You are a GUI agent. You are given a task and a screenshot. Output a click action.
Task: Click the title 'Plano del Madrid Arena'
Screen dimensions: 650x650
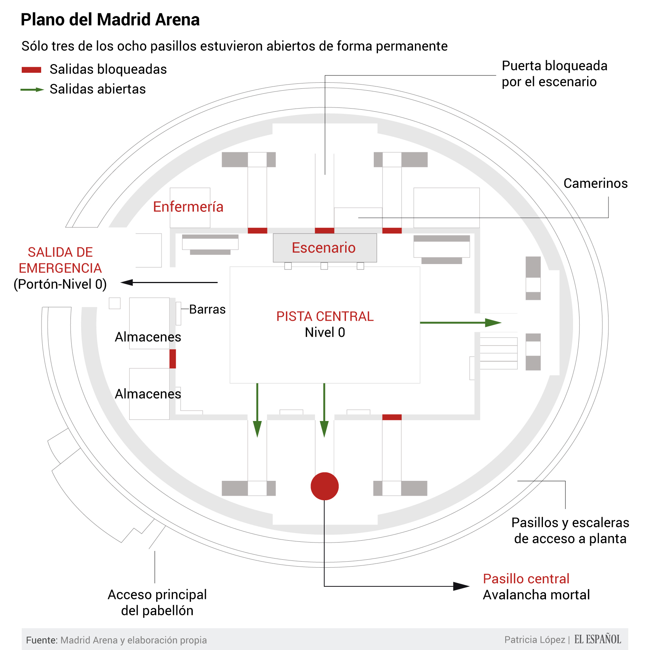tap(110, 20)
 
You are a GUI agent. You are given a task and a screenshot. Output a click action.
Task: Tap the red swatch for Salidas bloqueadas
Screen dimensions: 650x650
tap(31, 70)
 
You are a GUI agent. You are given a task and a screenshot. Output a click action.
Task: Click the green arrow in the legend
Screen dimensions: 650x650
tap(32, 90)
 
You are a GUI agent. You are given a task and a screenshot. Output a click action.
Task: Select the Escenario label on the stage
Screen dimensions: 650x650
tap(323, 248)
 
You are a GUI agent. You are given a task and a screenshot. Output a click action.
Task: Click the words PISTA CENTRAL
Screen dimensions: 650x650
tap(325, 316)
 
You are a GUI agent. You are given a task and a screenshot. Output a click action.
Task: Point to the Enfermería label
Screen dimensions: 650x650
tap(188, 207)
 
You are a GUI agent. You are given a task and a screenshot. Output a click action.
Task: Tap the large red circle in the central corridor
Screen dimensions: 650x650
tap(325, 486)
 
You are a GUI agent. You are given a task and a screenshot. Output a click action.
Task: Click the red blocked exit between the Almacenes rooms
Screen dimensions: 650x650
tap(173, 359)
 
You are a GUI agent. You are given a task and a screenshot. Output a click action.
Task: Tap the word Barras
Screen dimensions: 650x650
tap(207, 309)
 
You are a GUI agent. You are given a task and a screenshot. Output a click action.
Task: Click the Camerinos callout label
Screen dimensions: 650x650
tap(596, 183)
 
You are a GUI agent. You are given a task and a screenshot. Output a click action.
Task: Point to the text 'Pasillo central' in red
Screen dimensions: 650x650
tap(526, 579)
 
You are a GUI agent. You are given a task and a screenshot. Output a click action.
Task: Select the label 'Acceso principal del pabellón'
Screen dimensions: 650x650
tap(157, 602)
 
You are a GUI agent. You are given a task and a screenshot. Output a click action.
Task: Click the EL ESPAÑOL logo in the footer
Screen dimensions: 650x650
tap(597, 639)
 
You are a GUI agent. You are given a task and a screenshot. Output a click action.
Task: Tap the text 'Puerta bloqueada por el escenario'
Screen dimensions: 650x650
tap(554, 74)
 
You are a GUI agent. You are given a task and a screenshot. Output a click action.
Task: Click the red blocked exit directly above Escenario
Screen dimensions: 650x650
tap(325, 231)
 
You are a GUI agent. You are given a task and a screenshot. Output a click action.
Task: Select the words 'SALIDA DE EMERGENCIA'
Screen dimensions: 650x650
tap(60, 260)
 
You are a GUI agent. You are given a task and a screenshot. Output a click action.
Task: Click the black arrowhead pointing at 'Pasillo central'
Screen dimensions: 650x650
tap(461, 586)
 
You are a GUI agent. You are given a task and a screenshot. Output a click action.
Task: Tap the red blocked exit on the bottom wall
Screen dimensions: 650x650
tap(392, 417)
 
